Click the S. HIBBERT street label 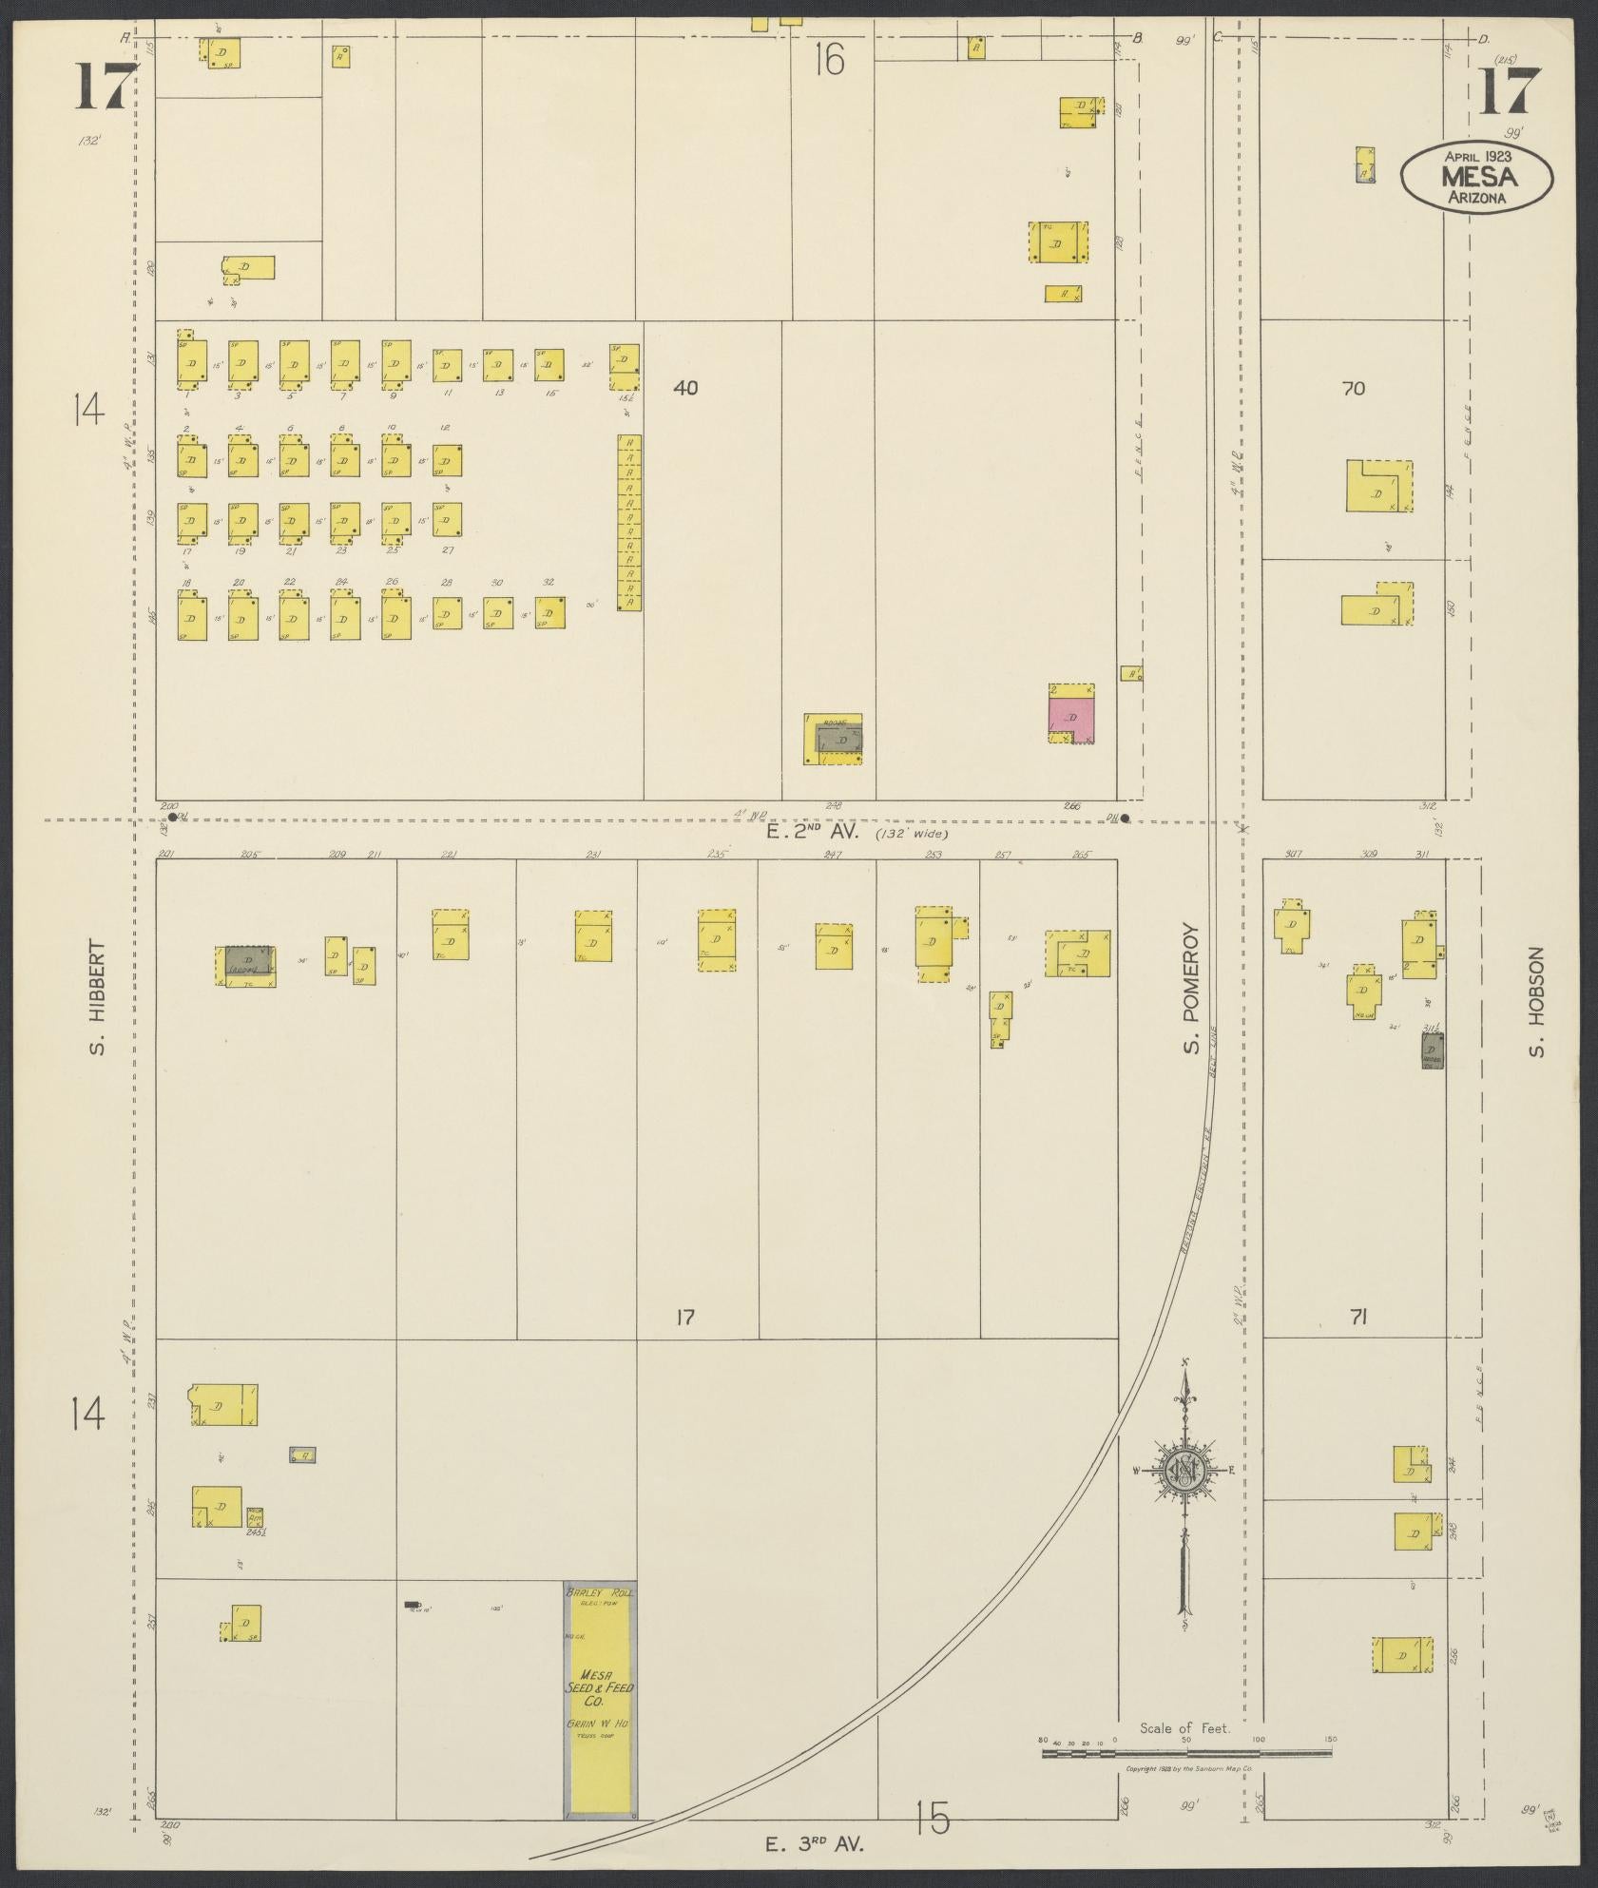[x=97, y=998]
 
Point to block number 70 [x=1354, y=388]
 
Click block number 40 [x=685, y=387]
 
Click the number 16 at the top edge [x=829, y=61]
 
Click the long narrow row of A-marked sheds [x=628, y=522]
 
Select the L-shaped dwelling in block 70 [x=1377, y=487]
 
